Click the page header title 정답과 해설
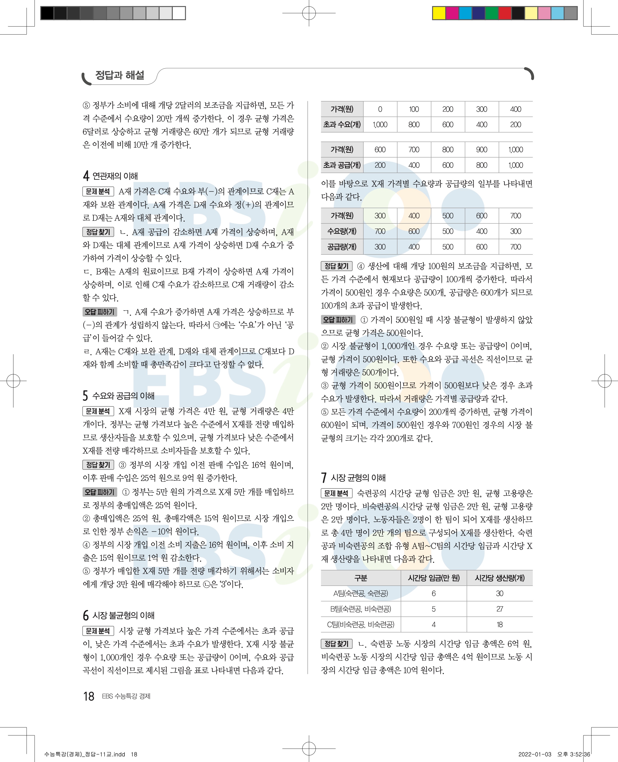pos(120,75)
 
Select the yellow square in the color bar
pos(439,13)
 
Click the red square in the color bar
pos(505,13)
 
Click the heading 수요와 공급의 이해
pos(123,396)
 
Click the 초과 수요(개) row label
pos(342,125)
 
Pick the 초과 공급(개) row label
pos(342,165)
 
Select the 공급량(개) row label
pos(342,247)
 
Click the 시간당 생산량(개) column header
pos(499,578)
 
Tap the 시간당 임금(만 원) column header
pos(434,578)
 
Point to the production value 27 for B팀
pos(499,609)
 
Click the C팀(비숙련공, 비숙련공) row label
pos(361,625)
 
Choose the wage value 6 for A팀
pos(434,593)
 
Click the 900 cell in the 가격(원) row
pos(482,150)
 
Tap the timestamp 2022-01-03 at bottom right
pos(535,754)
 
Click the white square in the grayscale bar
pos(179,13)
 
